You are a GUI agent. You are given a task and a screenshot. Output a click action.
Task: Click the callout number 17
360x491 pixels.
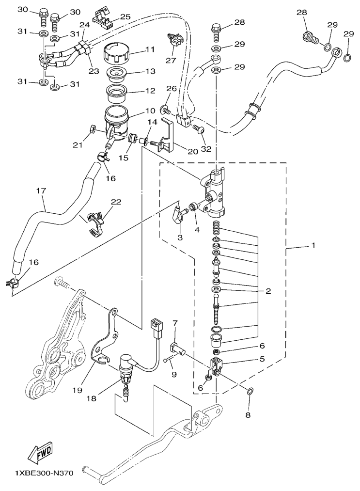(41, 190)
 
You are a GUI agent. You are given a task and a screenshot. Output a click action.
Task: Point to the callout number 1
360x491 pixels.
(313, 245)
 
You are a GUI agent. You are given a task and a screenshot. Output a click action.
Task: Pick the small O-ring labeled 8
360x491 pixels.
(250, 391)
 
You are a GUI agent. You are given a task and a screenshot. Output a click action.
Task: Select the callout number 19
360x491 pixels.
(78, 390)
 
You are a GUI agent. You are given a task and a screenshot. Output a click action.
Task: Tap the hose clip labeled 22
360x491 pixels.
(94, 222)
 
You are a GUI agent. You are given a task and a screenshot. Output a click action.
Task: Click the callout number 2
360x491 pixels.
(268, 291)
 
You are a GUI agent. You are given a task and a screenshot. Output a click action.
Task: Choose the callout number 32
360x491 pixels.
(206, 149)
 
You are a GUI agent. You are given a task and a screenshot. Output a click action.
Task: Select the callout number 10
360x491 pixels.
(150, 111)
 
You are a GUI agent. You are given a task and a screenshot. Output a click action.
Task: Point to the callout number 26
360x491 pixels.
(172, 89)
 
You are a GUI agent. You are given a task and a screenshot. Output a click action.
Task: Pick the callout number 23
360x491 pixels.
(94, 71)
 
